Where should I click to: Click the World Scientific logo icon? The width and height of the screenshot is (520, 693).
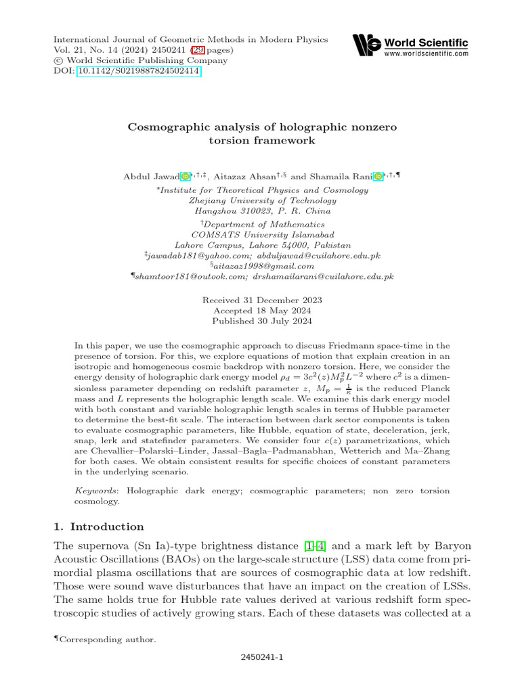coord(367,46)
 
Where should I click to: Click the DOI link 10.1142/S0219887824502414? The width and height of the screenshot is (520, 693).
coord(139,71)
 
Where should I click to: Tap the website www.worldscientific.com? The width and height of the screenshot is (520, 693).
coord(426,53)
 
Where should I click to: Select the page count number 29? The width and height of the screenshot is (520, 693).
coord(197,50)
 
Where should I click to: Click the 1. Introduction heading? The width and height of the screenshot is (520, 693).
coord(98,527)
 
